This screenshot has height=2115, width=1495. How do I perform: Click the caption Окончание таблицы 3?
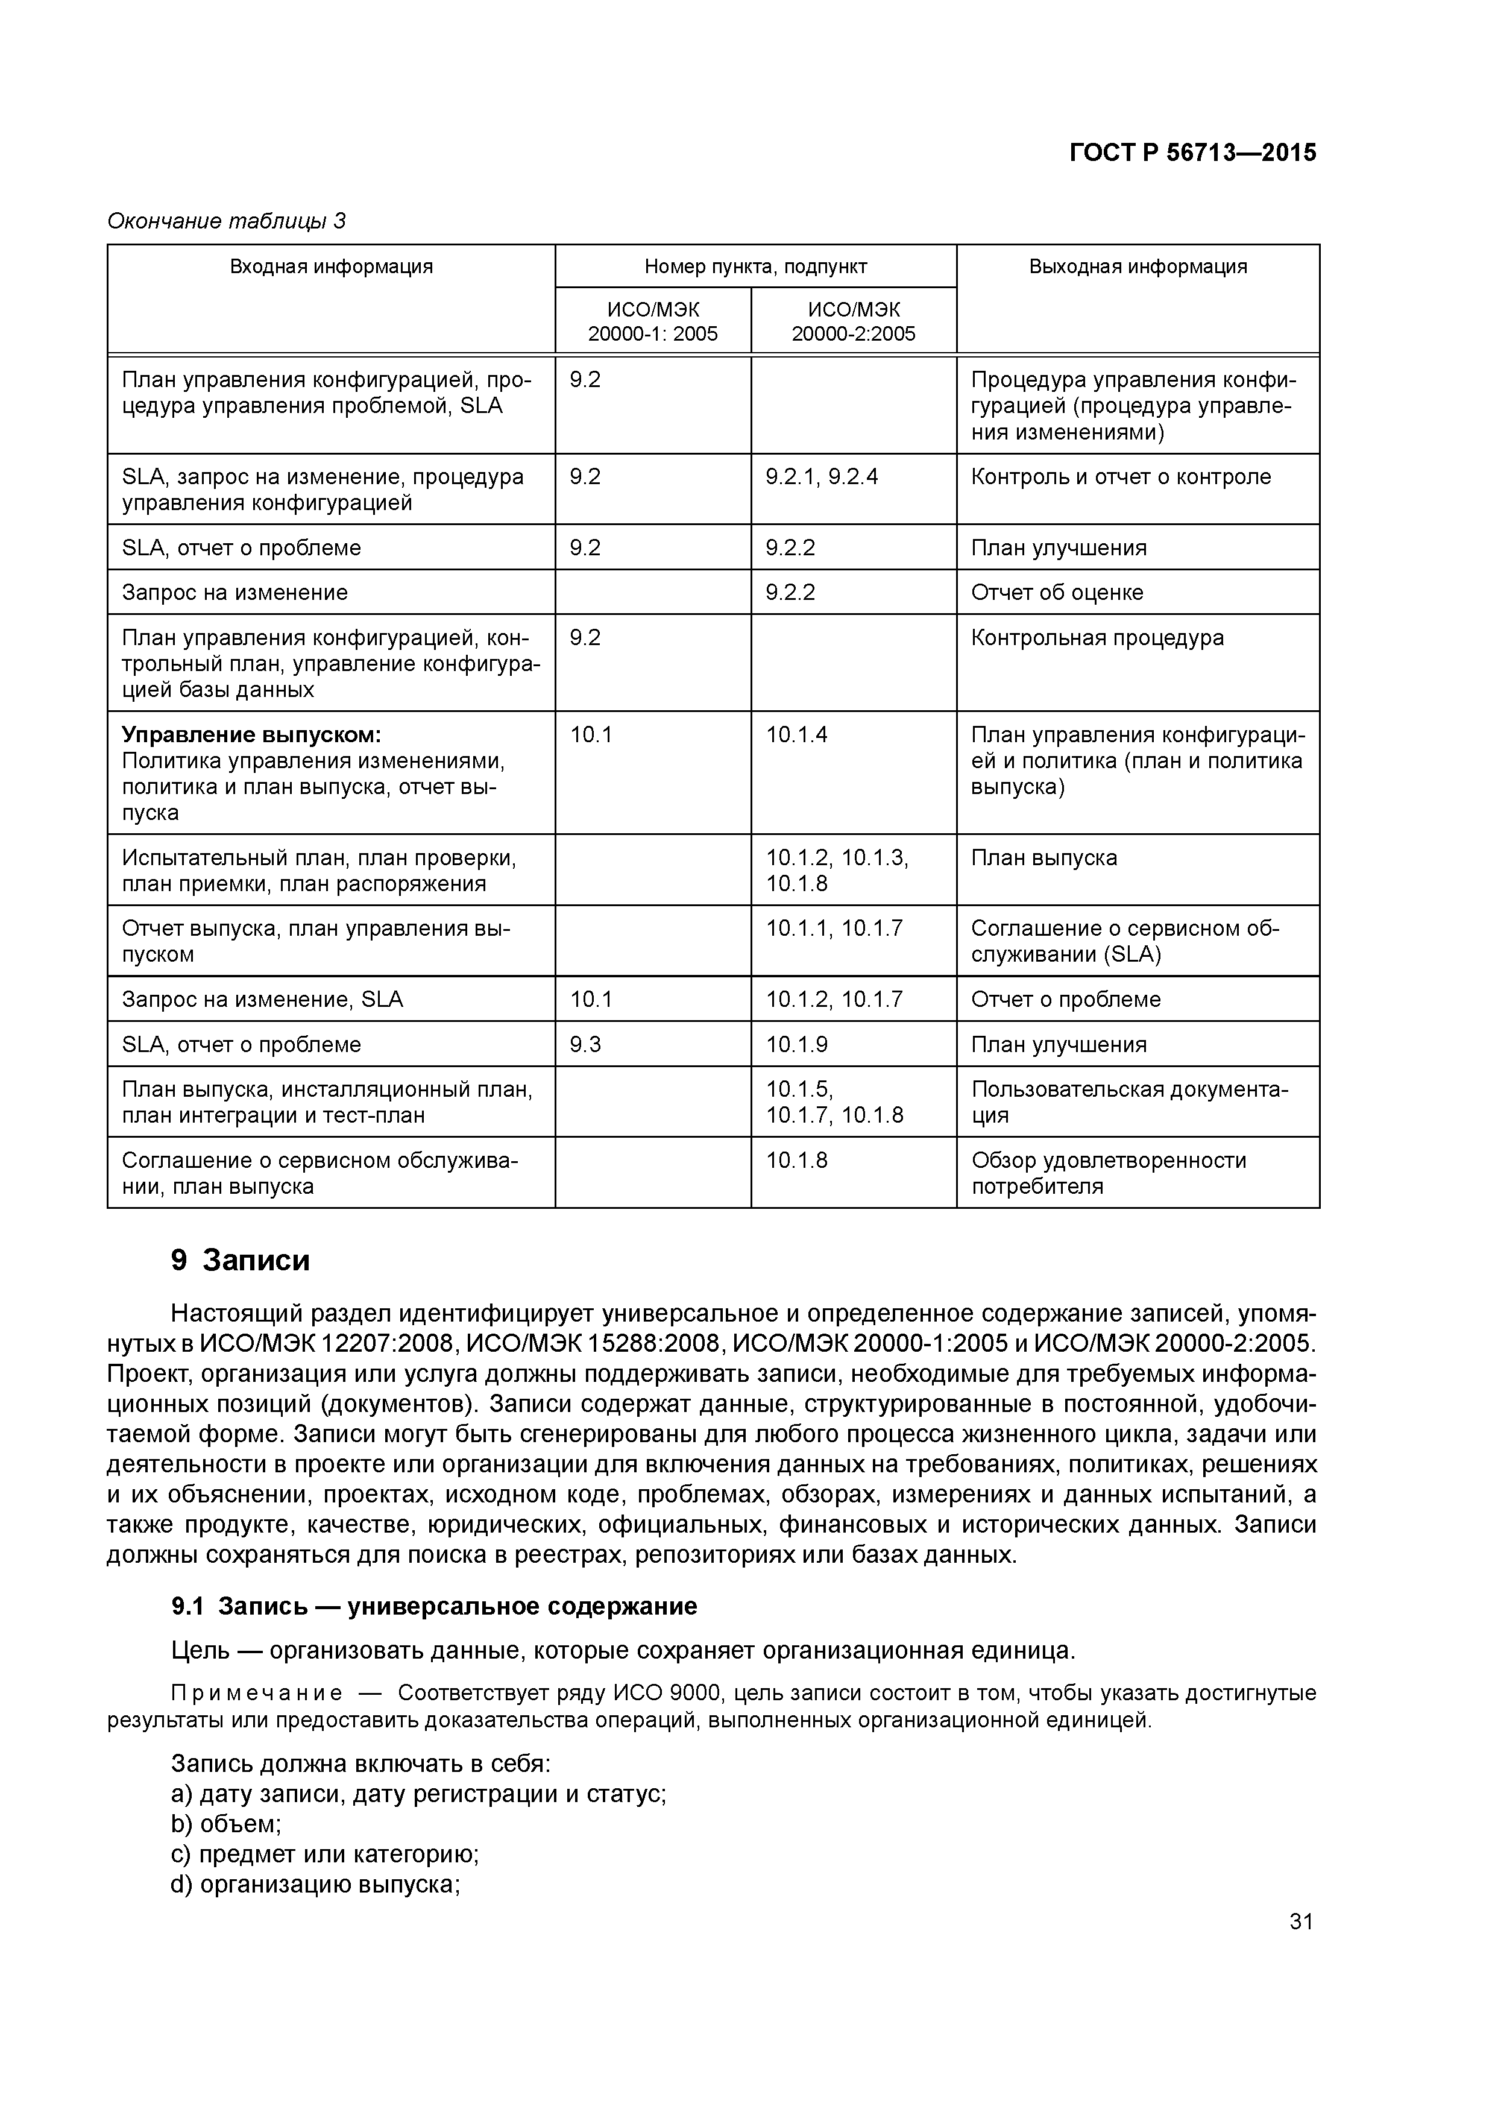click(227, 221)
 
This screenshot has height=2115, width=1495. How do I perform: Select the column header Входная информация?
click(331, 267)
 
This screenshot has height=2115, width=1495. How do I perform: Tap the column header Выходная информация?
click(1137, 267)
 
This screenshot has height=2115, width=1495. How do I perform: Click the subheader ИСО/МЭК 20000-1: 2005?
click(652, 321)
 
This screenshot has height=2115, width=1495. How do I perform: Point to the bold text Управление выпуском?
click(251, 735)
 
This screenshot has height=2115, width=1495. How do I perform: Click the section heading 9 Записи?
click(241, 1260)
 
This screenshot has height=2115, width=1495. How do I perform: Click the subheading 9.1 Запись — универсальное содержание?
click(434, 1607)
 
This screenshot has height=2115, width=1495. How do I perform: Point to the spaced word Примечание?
click(257, 1693)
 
